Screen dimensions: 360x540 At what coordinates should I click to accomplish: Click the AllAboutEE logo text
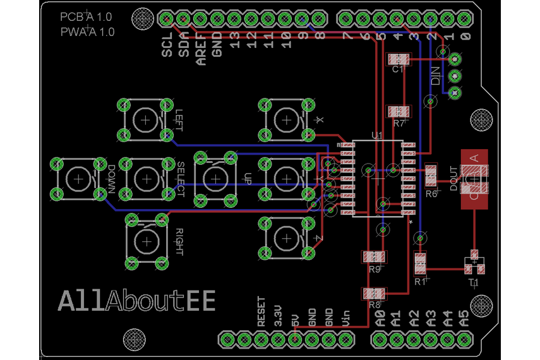pos(136,301)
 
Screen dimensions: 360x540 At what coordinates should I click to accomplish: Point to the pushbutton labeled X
pos(287,119)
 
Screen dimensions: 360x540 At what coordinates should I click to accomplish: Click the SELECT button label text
pos(181,179)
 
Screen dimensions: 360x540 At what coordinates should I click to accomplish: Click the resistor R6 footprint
pos(431,171)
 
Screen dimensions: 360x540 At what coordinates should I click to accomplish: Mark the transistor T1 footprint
pos(473,264)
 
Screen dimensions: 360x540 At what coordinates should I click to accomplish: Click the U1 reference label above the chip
pos(378,135)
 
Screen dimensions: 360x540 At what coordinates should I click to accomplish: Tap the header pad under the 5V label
pos(294,339)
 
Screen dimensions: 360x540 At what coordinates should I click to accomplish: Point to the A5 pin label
pos(464,317)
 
